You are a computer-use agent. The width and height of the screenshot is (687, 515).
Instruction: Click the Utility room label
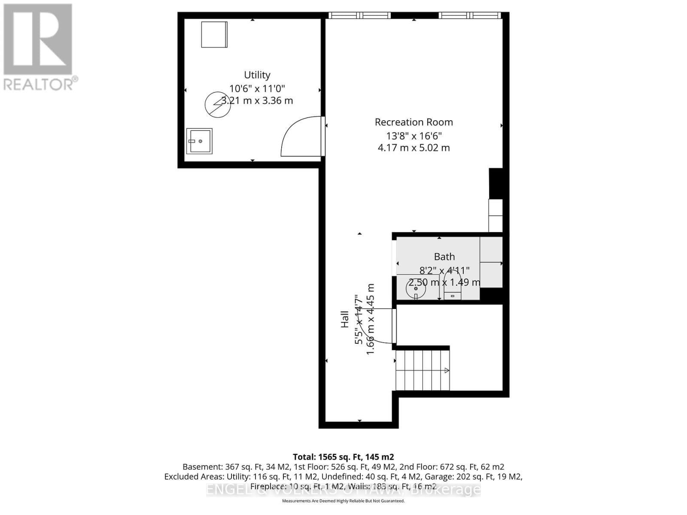coord(257,75)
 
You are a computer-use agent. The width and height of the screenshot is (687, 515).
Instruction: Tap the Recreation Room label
coord(413,122)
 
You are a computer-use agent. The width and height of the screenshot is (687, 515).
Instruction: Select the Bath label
coord(444,257)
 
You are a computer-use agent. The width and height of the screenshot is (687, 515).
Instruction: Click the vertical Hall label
coord(345,319)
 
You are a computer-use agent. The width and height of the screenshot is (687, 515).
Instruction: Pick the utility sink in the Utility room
coord(199,141)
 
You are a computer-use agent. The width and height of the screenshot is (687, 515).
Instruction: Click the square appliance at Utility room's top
coord(214,34)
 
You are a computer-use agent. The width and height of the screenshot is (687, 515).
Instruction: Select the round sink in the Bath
coord(416,289)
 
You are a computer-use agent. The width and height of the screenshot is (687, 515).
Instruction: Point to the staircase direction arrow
coord(447,370)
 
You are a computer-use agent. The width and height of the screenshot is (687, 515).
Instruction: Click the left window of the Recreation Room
coord(360,15)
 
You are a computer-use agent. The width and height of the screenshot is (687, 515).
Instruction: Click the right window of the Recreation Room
coord(470,15)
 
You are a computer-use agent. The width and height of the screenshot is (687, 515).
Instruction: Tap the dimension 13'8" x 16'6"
coord(413,136)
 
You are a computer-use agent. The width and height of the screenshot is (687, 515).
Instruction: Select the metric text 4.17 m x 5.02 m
coord(413,148)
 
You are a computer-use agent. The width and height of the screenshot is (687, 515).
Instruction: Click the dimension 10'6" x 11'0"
coord(257,89)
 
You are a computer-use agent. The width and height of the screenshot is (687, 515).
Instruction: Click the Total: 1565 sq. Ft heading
coord(343,457)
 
